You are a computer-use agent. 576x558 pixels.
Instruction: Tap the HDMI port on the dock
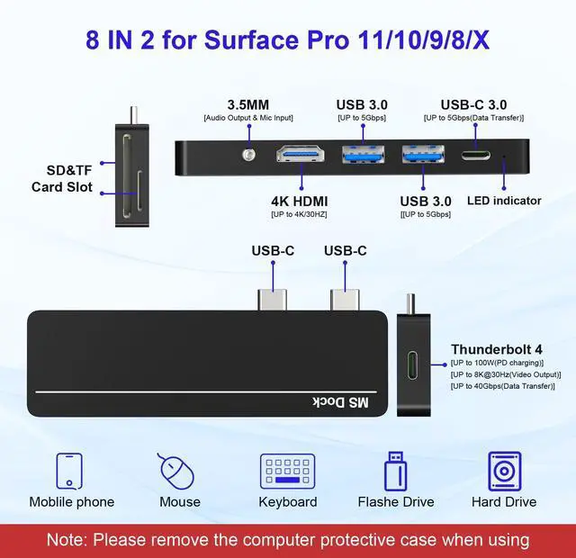pyautogui.click(x=301, y=155)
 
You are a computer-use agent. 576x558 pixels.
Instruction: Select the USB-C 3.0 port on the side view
pyautogui.click(x=476, y=155)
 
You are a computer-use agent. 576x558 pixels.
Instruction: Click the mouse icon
pyautogui.click(x=179, y=471)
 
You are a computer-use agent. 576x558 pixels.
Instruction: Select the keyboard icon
pyautogui.click(x=287, y=471)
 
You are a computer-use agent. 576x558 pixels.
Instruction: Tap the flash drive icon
pyautogui.click(x=395, y=471)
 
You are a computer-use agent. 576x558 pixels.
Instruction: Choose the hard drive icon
pyautogui.click(x=504, y=471)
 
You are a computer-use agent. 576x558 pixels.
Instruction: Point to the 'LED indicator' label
pyautogui.click(x=504, y=200)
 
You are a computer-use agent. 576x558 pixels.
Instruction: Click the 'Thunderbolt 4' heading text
pyautogui.click(x=497, y=349)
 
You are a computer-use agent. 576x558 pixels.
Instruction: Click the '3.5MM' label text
pyautogui.click(x=247, y=103)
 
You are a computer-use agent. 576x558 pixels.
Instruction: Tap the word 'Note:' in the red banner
pyautogui.click(x=73, y=540)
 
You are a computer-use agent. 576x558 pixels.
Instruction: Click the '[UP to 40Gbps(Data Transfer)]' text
pyautogui.click(x=502, y=386)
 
